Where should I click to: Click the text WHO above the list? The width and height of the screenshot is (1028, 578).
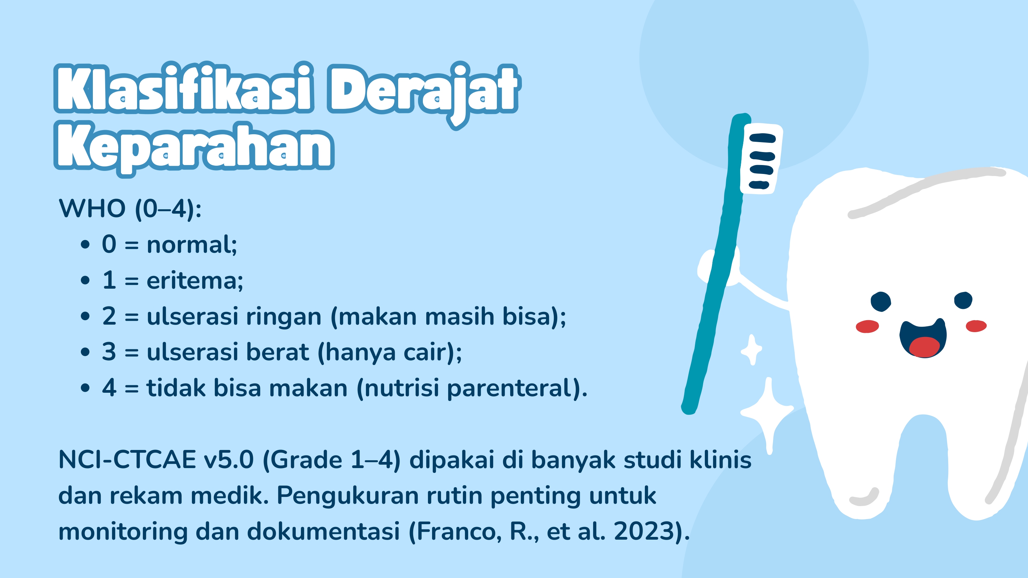pyautogui.click(x=92, y=208)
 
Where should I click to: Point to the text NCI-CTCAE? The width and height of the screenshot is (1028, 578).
pyautogui.click(x=127, y=460)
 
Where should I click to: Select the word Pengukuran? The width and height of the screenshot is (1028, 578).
pyautogui.click(x=347, y=495)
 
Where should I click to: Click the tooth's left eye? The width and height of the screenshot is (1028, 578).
pyautogui.click(x=880, y=301)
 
